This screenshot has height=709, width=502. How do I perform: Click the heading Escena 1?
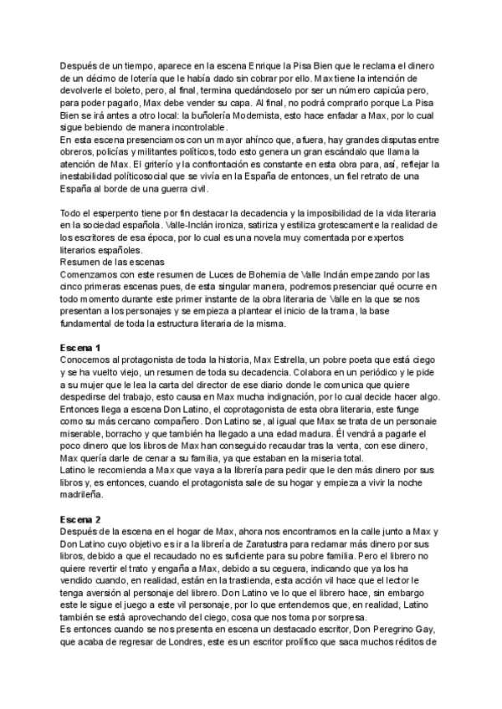(80, 324)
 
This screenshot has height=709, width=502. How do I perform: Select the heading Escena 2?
(80, 519)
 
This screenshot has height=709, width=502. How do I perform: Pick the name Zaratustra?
(244, 545)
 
